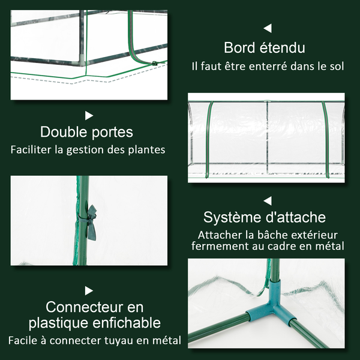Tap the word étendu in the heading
point(282,48)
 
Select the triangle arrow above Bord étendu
point(268,28)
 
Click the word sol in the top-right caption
point(336,67)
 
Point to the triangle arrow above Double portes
point(89,115)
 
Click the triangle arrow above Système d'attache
point(268,200)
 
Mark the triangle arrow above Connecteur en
point(89,291)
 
